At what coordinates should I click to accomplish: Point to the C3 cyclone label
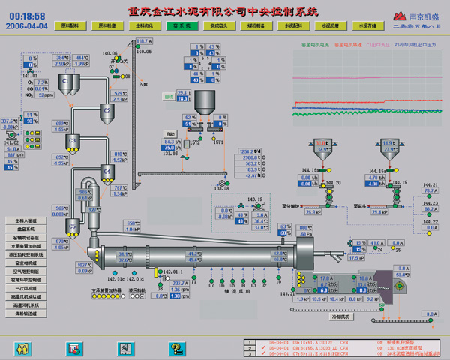(73, 139)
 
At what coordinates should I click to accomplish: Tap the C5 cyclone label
(73, 224)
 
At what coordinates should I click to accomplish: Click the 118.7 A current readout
(144, 41)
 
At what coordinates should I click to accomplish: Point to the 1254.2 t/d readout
(249, 151)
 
